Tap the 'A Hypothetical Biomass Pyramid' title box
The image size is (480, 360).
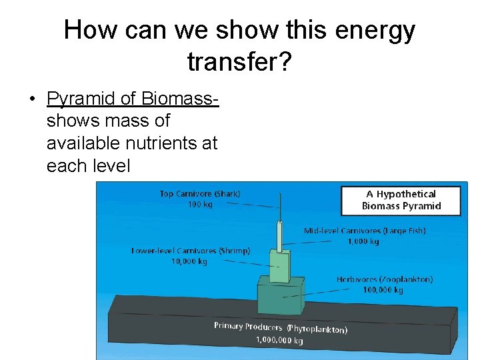pyautogui.click(x=401, y=200)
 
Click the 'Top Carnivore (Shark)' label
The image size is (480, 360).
pyautogui.click(x=200, y=194)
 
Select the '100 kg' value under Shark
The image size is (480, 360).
pyautogui.click(x=200, y=204)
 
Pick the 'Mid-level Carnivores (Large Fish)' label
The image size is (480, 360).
pyautogui.click(x=365, y=231)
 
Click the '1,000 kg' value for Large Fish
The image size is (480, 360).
pyautogui.click(x=363, y=241)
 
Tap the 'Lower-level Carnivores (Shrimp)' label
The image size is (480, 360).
pyautogui.click(x=190, y=251)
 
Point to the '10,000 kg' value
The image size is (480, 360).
pyautogui.click(x=189, y=261)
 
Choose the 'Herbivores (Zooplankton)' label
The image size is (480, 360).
pyautogui.click(x=384, y=279)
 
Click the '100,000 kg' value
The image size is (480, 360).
pyautogui.click(x=383, y=290)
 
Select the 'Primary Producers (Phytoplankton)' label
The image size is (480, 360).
pyautogui.click(x=280, y=327)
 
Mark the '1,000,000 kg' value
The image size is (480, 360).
pyautogui.click(x=279, y=340)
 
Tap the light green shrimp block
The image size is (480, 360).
pyautogui.click(x=279, y=265)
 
